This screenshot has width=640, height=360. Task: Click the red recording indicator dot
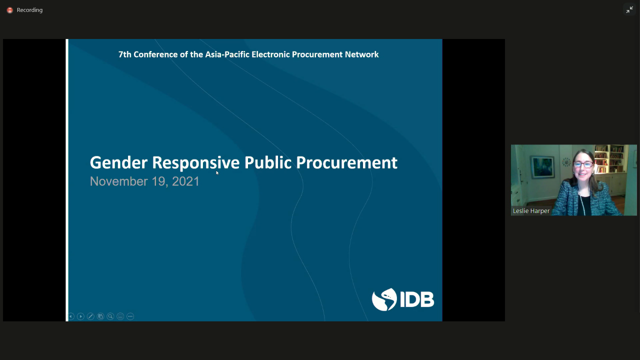click(x=9, y=10)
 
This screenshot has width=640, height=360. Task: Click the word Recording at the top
click(x=29, y=10)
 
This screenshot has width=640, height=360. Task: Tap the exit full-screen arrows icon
click(x=629, y=9)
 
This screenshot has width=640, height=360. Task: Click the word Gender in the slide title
click(x=119, y=162)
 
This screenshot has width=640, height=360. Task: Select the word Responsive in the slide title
click(x=195, y=163)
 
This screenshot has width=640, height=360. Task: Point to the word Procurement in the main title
click(x=346, y=162)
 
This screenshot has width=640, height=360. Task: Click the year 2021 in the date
click(x=185, y=181)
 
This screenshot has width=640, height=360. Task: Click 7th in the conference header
click(x=125, y=54)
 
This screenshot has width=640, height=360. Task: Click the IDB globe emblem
click(x=384, y=299)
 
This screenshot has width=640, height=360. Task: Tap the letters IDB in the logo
click(x=417, y=299)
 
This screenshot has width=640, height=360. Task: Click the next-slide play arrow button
click(x=80, y=316)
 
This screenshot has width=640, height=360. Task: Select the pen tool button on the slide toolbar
click(x=90, y=316)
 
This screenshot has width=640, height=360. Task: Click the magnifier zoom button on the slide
click(x=110, y=316)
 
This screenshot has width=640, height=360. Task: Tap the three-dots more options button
click(x=130, y=316)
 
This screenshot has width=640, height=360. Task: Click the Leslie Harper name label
click(x=531, y=211)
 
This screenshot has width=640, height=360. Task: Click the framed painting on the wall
click(x=542, y=167)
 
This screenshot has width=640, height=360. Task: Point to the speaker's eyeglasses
click(x=583, y=165)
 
